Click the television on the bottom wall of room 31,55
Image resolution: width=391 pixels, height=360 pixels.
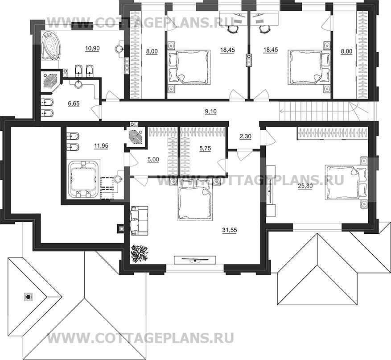coord(194,261)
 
